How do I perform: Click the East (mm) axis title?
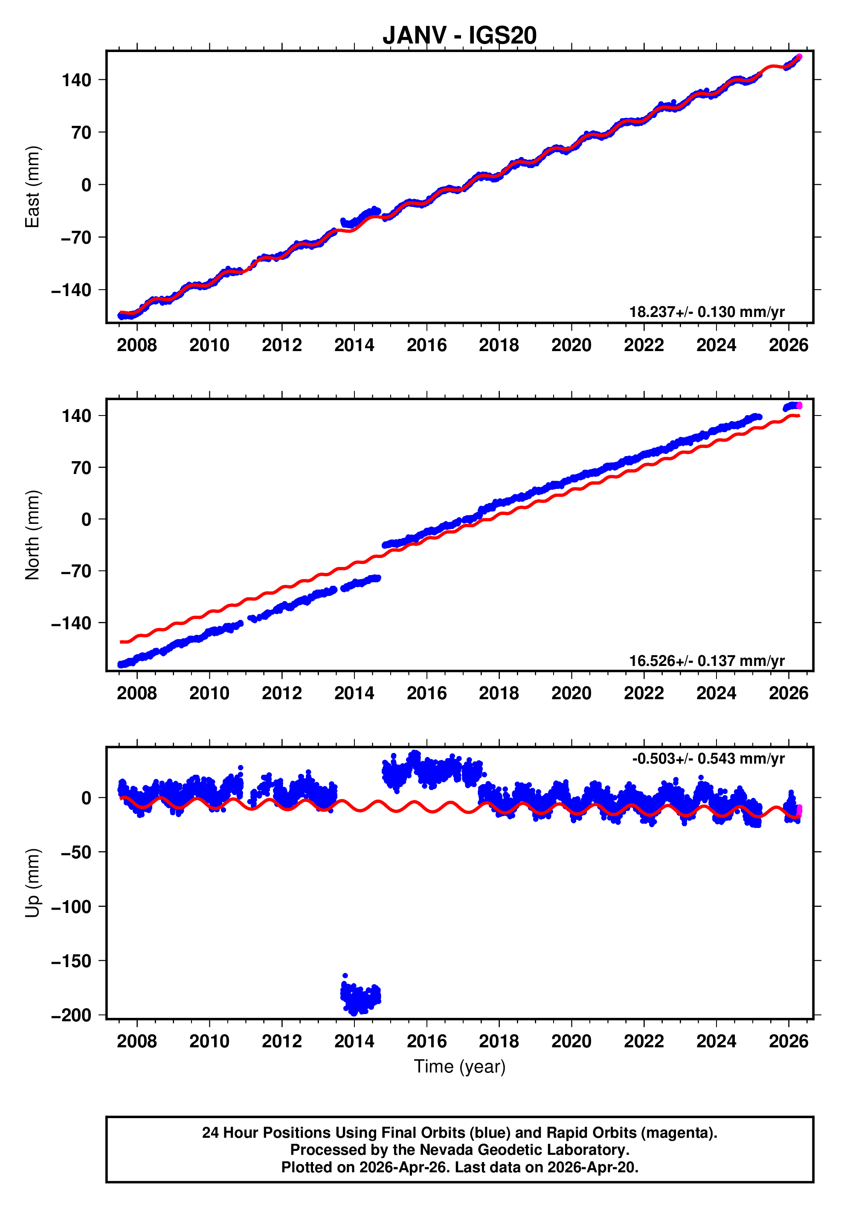33,187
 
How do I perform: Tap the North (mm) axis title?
33,535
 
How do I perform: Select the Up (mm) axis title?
33,883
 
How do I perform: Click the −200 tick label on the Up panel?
71,1015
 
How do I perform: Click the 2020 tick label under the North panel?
571,694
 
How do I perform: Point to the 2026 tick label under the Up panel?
788,1041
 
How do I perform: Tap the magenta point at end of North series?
799,405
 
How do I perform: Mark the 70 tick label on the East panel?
82,132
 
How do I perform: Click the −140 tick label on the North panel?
71,623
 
